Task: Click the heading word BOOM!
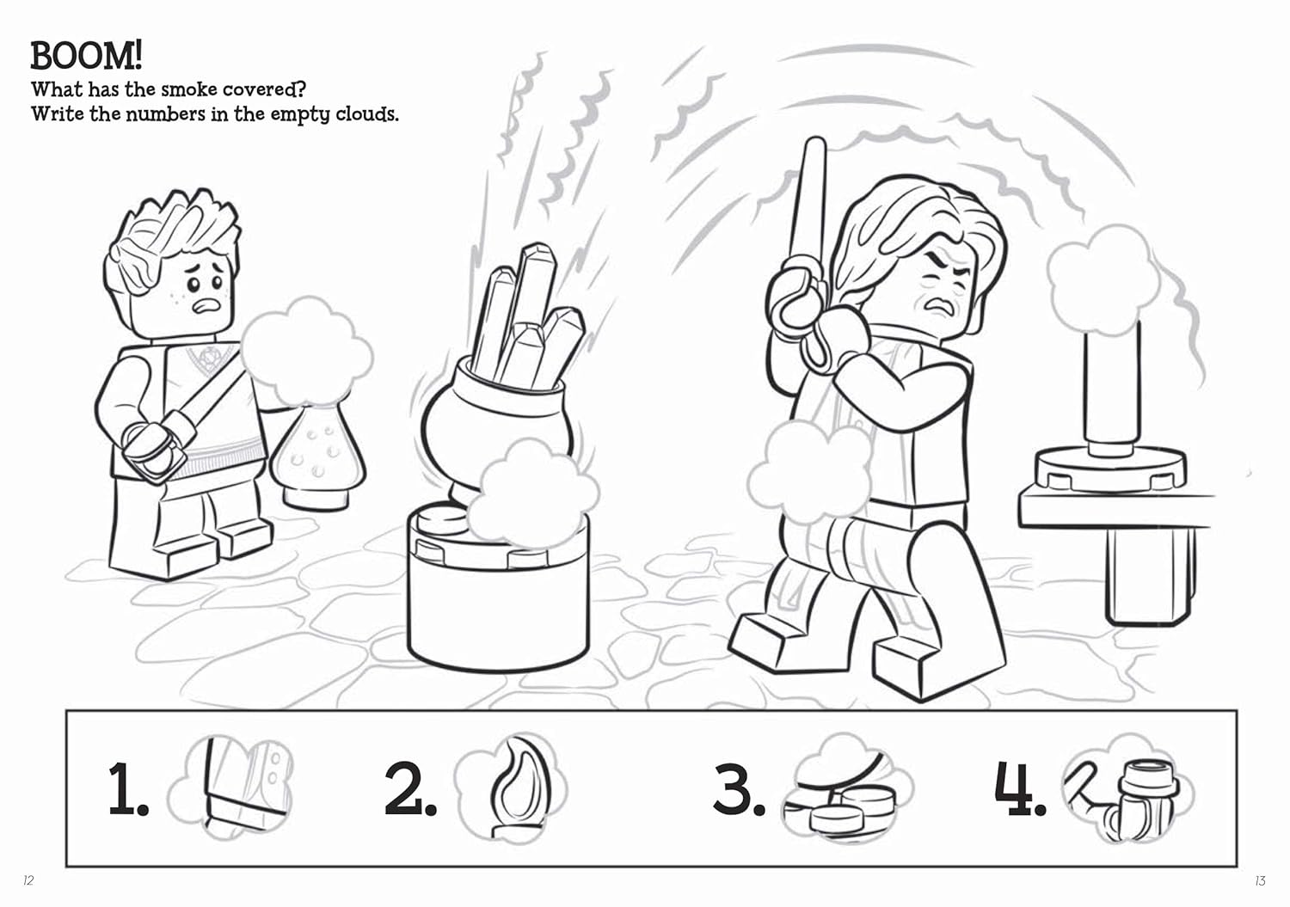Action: [86, 56]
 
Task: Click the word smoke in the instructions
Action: [189, 89]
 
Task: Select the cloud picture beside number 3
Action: [847, 789]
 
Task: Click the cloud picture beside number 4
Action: [1128, 789]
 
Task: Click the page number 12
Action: [28, 880]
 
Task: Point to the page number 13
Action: [1260, 880]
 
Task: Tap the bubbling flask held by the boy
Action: [317, 455]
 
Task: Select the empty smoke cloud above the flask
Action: [306, 352]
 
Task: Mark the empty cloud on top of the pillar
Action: [1103, 281]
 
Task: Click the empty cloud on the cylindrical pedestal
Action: [532, 494]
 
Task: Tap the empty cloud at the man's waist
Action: [810, 472]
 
